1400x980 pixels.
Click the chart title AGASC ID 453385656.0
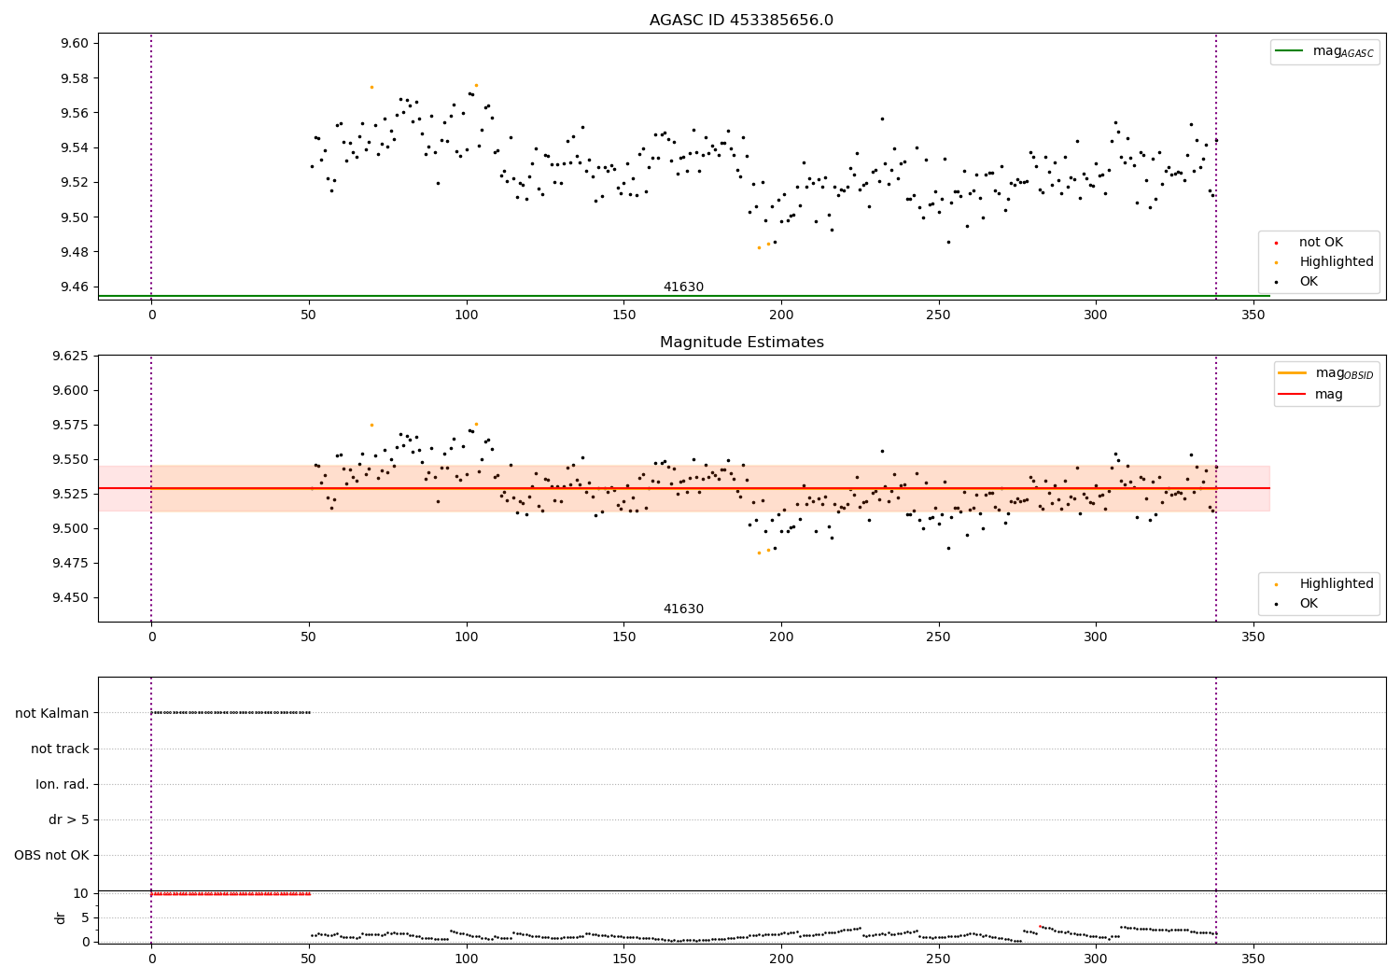[x=741, y=20]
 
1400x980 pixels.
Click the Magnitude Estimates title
[x=742, y=342]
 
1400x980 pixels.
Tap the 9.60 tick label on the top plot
[x=75, y=43]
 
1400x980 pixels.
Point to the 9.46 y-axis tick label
[x=75, y=287]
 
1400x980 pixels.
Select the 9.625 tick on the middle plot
[x=71, y=356]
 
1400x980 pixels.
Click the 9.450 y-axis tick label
[x=71, y=597]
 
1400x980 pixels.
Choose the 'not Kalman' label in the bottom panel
[x=52, y=713]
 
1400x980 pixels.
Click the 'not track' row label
[x=60, y=749]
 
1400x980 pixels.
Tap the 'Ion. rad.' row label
[x=62, y=784]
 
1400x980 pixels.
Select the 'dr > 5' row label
[x=69, y=819]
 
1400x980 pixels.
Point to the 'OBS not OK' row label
[x=52, y=855]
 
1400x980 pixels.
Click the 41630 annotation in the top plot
[x=683, y=287]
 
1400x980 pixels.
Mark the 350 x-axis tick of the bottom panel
[x=1253, y=959]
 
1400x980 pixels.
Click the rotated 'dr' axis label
[x=60, y=917]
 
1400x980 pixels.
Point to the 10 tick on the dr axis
[x=80, y=893]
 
